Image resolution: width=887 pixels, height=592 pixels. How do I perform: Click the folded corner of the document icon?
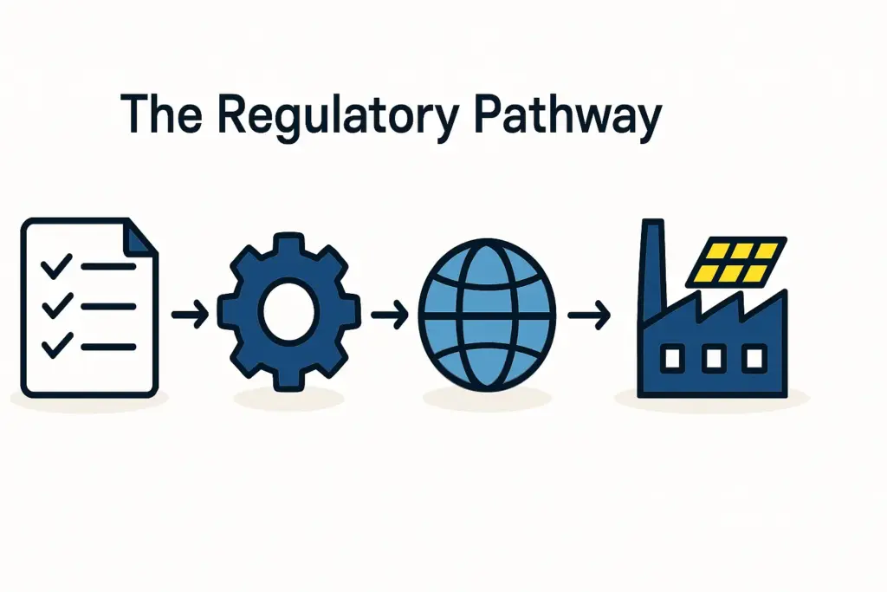click(x=139, y=235)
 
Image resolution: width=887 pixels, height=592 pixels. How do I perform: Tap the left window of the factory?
click(x=672, y=358)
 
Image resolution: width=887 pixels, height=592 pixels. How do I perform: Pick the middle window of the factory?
click(x=713, y=358)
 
